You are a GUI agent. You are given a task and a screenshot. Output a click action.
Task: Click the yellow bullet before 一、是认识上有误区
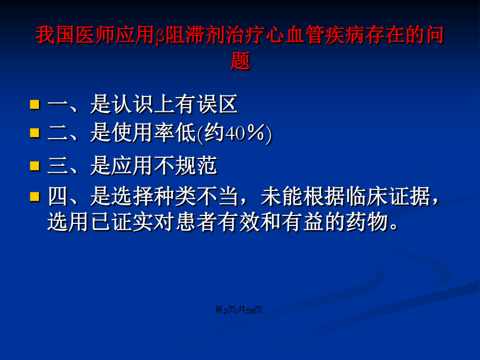35,104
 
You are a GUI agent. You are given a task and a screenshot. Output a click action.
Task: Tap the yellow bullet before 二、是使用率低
35,133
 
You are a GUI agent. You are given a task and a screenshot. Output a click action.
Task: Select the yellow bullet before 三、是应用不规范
35,166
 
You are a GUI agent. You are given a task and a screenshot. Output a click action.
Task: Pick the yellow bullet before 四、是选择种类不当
35,196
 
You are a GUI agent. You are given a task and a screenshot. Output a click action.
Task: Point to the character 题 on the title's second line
241,61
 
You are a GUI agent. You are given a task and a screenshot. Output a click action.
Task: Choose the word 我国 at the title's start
55,35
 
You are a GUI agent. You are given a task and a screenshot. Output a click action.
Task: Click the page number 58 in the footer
251,311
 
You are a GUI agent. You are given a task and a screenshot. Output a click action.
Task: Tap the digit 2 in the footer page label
225,311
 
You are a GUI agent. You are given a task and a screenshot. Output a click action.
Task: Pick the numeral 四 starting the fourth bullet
58,196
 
